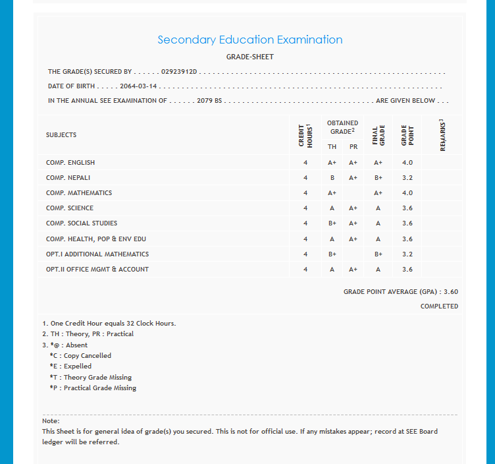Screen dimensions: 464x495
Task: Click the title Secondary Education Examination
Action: pyautogui.click(x=249, y=40)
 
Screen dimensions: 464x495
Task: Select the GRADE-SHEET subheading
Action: pyautogui.click(x=249, y=57)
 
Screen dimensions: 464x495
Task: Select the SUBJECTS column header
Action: pyautogui.click(x=61, y=134)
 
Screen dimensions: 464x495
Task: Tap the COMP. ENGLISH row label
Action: pyautogui.click(x=70, y=162)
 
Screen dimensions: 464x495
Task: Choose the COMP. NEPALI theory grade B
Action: pyautogui.click(x=332, y=178)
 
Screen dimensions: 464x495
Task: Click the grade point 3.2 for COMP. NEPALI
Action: pyautogui.click(x=407, y=178)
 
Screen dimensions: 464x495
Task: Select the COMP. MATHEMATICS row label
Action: pyautogui.click(x=79, y=193)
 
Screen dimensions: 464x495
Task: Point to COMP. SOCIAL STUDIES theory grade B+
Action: pyautogui.click(x=332, y=223)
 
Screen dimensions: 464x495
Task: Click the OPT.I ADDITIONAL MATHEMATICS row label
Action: pyautogui.click(x=97, y=254)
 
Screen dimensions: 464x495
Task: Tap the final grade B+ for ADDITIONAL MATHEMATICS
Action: pyautogui.click(x=378, y=254)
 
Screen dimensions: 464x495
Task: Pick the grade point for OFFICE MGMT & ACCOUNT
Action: pyautogui.click(x=407, y=269)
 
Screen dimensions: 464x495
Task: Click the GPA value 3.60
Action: pyautogui.click(x=451, y=291)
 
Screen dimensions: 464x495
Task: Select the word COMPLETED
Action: pyautogui.click(x=439, y=306)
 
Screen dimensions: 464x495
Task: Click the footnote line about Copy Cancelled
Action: pyautogui.click(x=80, y=355)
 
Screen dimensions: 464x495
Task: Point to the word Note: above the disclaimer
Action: pyautogui.click(x=51, y=420)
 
